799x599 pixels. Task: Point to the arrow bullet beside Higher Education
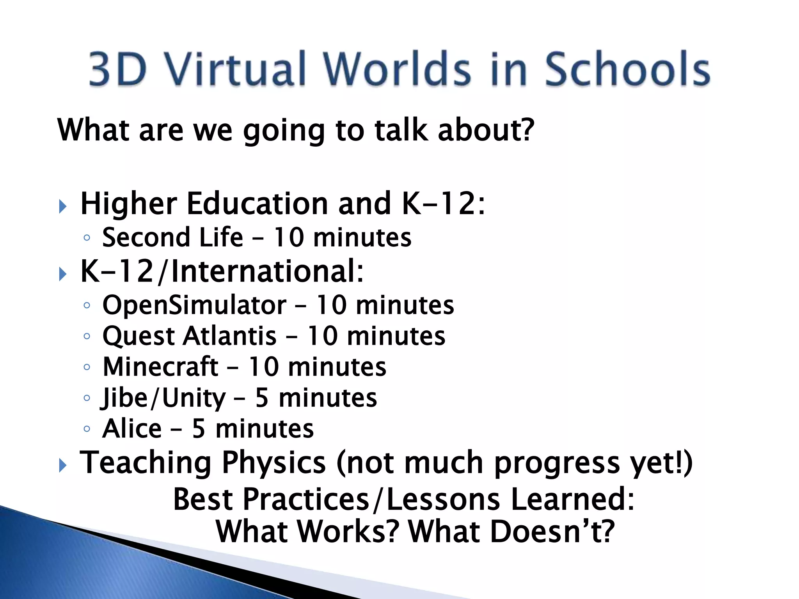click(x=62, y=206)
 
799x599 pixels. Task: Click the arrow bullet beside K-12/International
click(x=62, y=274)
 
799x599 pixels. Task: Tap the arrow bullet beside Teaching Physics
click(x=62, y=465)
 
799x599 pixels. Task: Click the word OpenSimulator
click(x=194, y=305)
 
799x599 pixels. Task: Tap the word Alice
click(x=132, y=429)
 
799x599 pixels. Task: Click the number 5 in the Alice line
click(x=199, y=429)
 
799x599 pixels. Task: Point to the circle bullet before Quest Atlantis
click(x=87, y=336)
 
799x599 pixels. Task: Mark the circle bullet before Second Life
click(x=87, y=237)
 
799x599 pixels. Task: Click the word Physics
click(x=273, y=463)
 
